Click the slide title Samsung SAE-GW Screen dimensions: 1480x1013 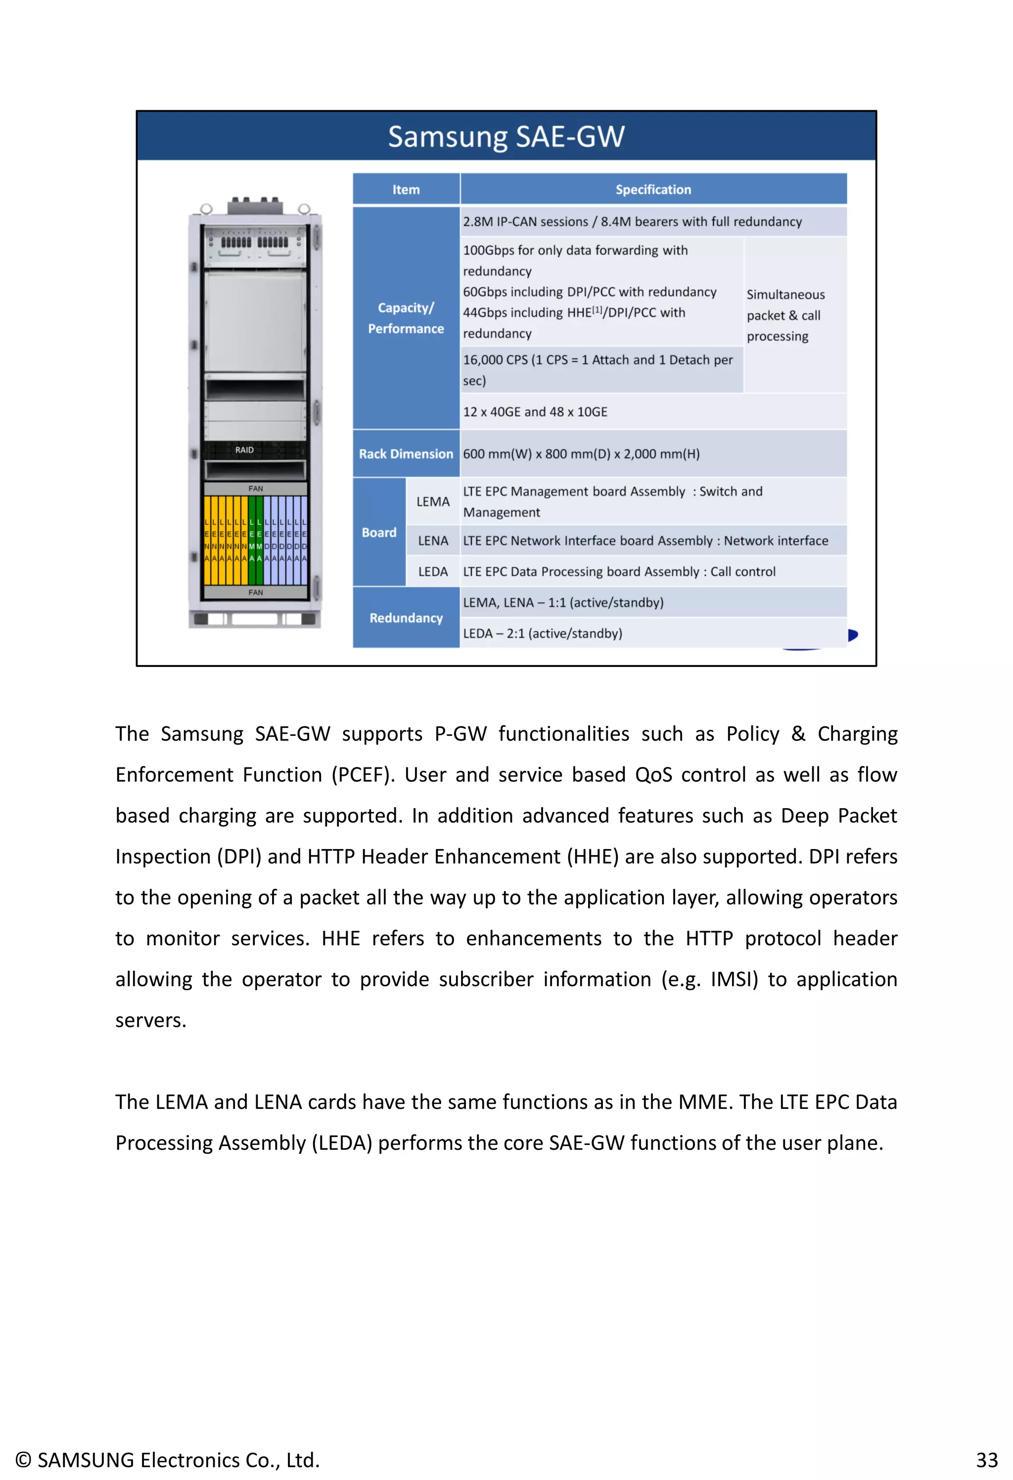tap(506, 136)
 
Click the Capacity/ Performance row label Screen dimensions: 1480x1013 tap(406, 318)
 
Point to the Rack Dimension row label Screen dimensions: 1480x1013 tap(406, 453)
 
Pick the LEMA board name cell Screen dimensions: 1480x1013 tap(432, 501)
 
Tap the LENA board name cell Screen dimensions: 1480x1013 tap(432, 540)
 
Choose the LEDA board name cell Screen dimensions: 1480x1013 tap(432, 571)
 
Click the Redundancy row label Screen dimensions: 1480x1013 tap(406, 618)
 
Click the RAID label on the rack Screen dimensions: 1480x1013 tap(244, 450)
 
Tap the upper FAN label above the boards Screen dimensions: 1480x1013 tap(255, 488)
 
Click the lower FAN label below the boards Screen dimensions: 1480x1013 tap(255, 592)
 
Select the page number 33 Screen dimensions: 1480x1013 tap(986, 1460)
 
